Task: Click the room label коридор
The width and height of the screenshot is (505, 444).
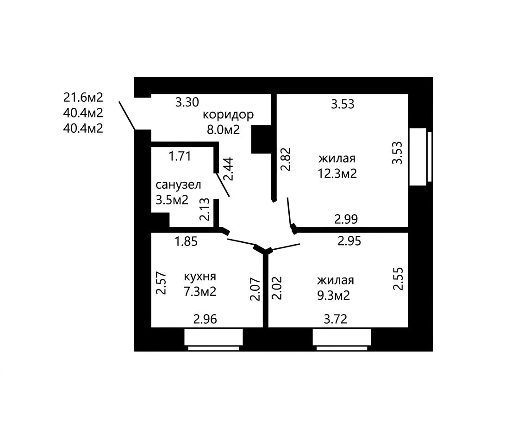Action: pos(228,115)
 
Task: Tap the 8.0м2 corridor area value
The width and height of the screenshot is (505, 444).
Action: pos(223,129)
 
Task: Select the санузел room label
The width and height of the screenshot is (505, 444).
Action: pos(178,185)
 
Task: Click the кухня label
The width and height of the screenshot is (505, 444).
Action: pos(200,277)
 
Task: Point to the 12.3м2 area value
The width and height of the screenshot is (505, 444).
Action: pos(337,174)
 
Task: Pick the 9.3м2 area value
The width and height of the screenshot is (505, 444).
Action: pos(333,296)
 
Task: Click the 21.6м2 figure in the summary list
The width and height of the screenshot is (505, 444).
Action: pos(83,97)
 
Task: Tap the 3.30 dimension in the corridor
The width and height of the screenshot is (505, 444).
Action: pos(187,102)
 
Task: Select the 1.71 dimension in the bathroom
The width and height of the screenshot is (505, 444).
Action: pos(180,156)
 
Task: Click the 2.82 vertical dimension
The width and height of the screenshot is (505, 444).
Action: pos(286,159)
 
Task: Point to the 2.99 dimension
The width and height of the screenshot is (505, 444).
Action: pos(346,219)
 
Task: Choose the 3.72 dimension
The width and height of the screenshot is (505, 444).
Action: pos(335,319)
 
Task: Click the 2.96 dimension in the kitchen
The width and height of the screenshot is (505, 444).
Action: pos(205,319)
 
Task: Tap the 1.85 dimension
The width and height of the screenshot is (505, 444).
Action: pos(186,241)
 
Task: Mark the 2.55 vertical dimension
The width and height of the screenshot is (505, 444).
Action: pos(399,278)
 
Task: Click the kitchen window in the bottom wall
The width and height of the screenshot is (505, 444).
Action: pos(213,339)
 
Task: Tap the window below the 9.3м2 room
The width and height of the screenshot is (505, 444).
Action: pos(342,339)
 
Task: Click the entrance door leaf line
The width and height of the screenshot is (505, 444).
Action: pos(127,116)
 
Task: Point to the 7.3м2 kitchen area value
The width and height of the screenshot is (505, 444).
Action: pos(200,292)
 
